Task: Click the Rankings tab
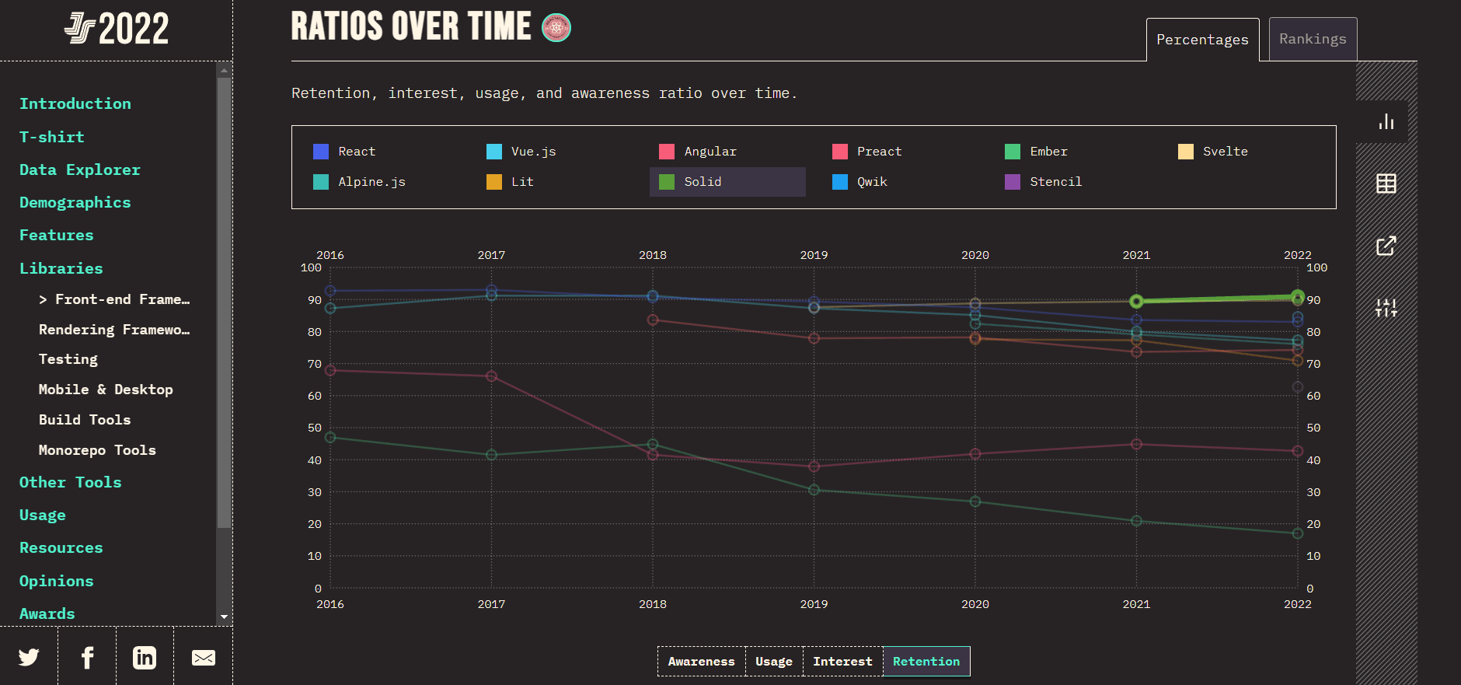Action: click(x=1313, y=39)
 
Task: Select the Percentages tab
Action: click(x=1202, y=40)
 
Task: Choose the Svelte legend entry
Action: click(x=1225, y=152)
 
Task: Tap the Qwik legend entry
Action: click(x=871, y=182)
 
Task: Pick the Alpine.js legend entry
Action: click(x=371, y=182)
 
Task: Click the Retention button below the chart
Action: click(x=926, y=662)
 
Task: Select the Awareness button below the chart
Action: click(x=701, y=662)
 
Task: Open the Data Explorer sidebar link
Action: click(x=80, y=170)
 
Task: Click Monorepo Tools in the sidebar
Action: click(x=97, y=450)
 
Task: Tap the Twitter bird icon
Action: click(x=29, y=658)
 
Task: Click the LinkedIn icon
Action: click(x=145, y=658)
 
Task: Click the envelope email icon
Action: click(x=204, y=658)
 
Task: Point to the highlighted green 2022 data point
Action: click(x=1297, y=296)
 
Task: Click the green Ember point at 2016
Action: click(x=330, y=438)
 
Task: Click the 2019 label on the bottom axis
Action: click(x=814, y=604)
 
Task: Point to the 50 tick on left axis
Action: click(x=314, y=428)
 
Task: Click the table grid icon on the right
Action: click(x=1386, y=183)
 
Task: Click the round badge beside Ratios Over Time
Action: click(x=556, y=28)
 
